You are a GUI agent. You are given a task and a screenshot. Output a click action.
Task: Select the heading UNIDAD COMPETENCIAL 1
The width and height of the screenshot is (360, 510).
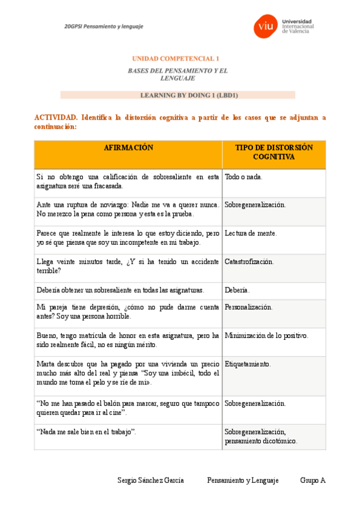click(x=176, y=58)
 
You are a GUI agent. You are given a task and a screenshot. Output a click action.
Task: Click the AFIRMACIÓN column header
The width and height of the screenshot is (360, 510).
click(x=128, y=147)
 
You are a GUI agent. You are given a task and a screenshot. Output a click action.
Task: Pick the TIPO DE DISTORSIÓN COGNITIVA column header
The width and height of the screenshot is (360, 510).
click(x=273, y=152)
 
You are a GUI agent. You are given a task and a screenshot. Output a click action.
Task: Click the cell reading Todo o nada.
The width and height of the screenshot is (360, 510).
click(x=243, y=177)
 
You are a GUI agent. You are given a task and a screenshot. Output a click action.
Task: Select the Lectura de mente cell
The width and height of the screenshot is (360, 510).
click(x=250, y=233)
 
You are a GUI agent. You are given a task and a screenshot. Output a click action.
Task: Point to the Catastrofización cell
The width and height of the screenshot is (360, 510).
click(x=249, y=262)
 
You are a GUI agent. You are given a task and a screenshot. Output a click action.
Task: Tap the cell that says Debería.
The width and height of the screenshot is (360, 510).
click(x=237, y=290)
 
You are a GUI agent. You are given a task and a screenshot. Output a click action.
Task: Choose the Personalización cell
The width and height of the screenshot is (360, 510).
click(x=248, y=307)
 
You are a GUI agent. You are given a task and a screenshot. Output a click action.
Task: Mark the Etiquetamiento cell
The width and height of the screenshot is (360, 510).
click(x=248, y=364)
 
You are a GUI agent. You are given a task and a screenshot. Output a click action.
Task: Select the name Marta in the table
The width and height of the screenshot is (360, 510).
click(x=45, y=364)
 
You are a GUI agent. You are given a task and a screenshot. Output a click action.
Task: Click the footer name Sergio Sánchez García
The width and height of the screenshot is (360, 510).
click(x=150, y=481)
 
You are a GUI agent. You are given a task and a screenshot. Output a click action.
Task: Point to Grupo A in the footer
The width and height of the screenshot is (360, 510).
click(x=313, y=481)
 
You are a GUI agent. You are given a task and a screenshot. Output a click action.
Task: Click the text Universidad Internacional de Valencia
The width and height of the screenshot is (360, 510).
click(x=297, y=26)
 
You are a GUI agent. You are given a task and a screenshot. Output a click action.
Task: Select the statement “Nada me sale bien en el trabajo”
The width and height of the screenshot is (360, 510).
click(x=87, y=432)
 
